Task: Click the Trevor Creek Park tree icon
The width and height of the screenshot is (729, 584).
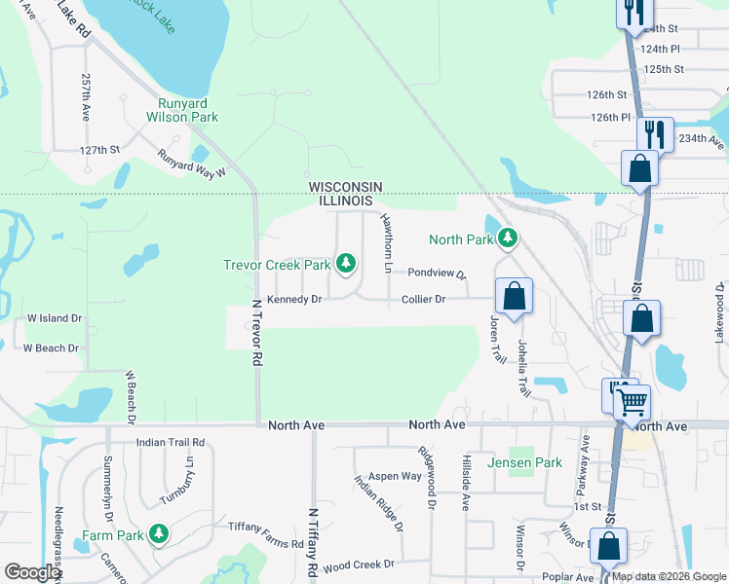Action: point(345,263)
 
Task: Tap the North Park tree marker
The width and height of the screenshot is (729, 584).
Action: point(508,238)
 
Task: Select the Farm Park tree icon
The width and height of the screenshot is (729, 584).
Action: point(158,534)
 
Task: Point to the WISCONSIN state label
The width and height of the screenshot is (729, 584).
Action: point(345,186)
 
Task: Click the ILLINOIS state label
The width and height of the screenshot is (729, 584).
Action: point(345,200)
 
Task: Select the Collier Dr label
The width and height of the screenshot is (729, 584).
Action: point(423,300)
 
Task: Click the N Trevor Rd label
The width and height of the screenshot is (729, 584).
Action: point(257,331)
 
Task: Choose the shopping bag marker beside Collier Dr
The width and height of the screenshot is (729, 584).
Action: point(514,296)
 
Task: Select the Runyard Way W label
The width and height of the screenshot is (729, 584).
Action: point(192,162)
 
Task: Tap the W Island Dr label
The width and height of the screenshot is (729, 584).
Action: point(55,318)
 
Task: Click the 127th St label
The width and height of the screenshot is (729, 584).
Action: point(99,150)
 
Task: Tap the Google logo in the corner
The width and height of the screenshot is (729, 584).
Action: point(33,571)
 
